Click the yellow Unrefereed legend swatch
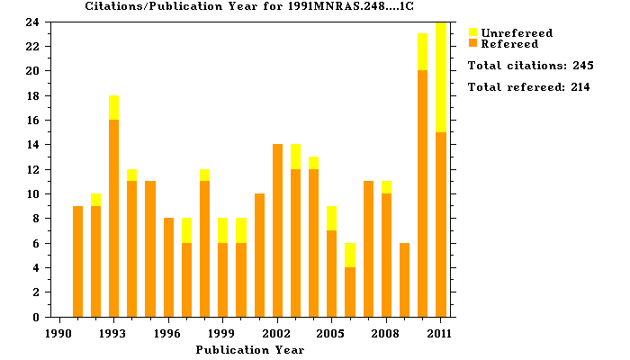click(x=473, y=32)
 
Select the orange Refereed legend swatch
click(x=473, y=43)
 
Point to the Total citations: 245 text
click(x=531, y=66)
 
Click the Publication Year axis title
click(x=249, y=350)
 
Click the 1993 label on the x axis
click(x=113, y=333)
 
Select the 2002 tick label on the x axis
click(x=277, y=333)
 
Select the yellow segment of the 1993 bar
click(x=113, y=107)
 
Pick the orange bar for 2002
click(x=277, y=230)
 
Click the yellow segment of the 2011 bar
click(x=441, y=76)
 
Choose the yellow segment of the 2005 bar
click(x=332, y=219)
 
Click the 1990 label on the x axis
click(x=59, y=333)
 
